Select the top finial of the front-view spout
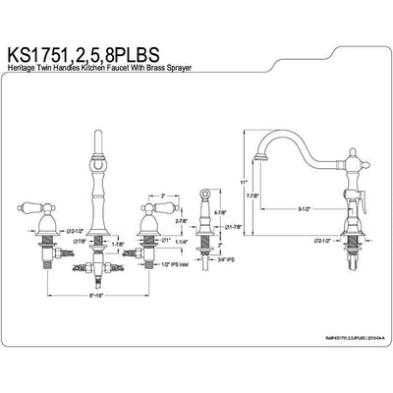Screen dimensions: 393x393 click(x=98, y=135)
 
